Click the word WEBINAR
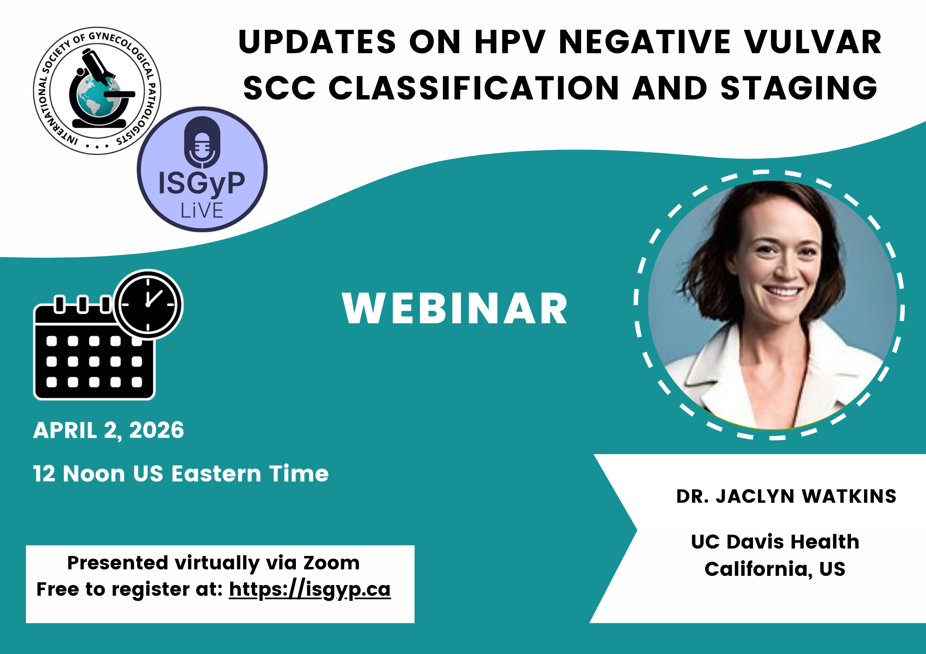[x=455, y=308]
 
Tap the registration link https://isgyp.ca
[x=310, y=590]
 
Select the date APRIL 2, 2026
[x=108, y=431]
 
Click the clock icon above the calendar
[x=148, y=304]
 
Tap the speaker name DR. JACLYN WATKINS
[x=786, y=496]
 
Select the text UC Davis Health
[x=775, y=542]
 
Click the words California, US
[x=775, y=569]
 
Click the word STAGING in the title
[x=799, y=88]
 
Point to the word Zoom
[x=332, y=563]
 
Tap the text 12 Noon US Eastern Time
[x=181, y=474]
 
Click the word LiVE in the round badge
[x=202, y=210]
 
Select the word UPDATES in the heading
[x=317, y=42]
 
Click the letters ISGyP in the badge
[x=202, y=183]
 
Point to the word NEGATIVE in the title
[x=645, y=42]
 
